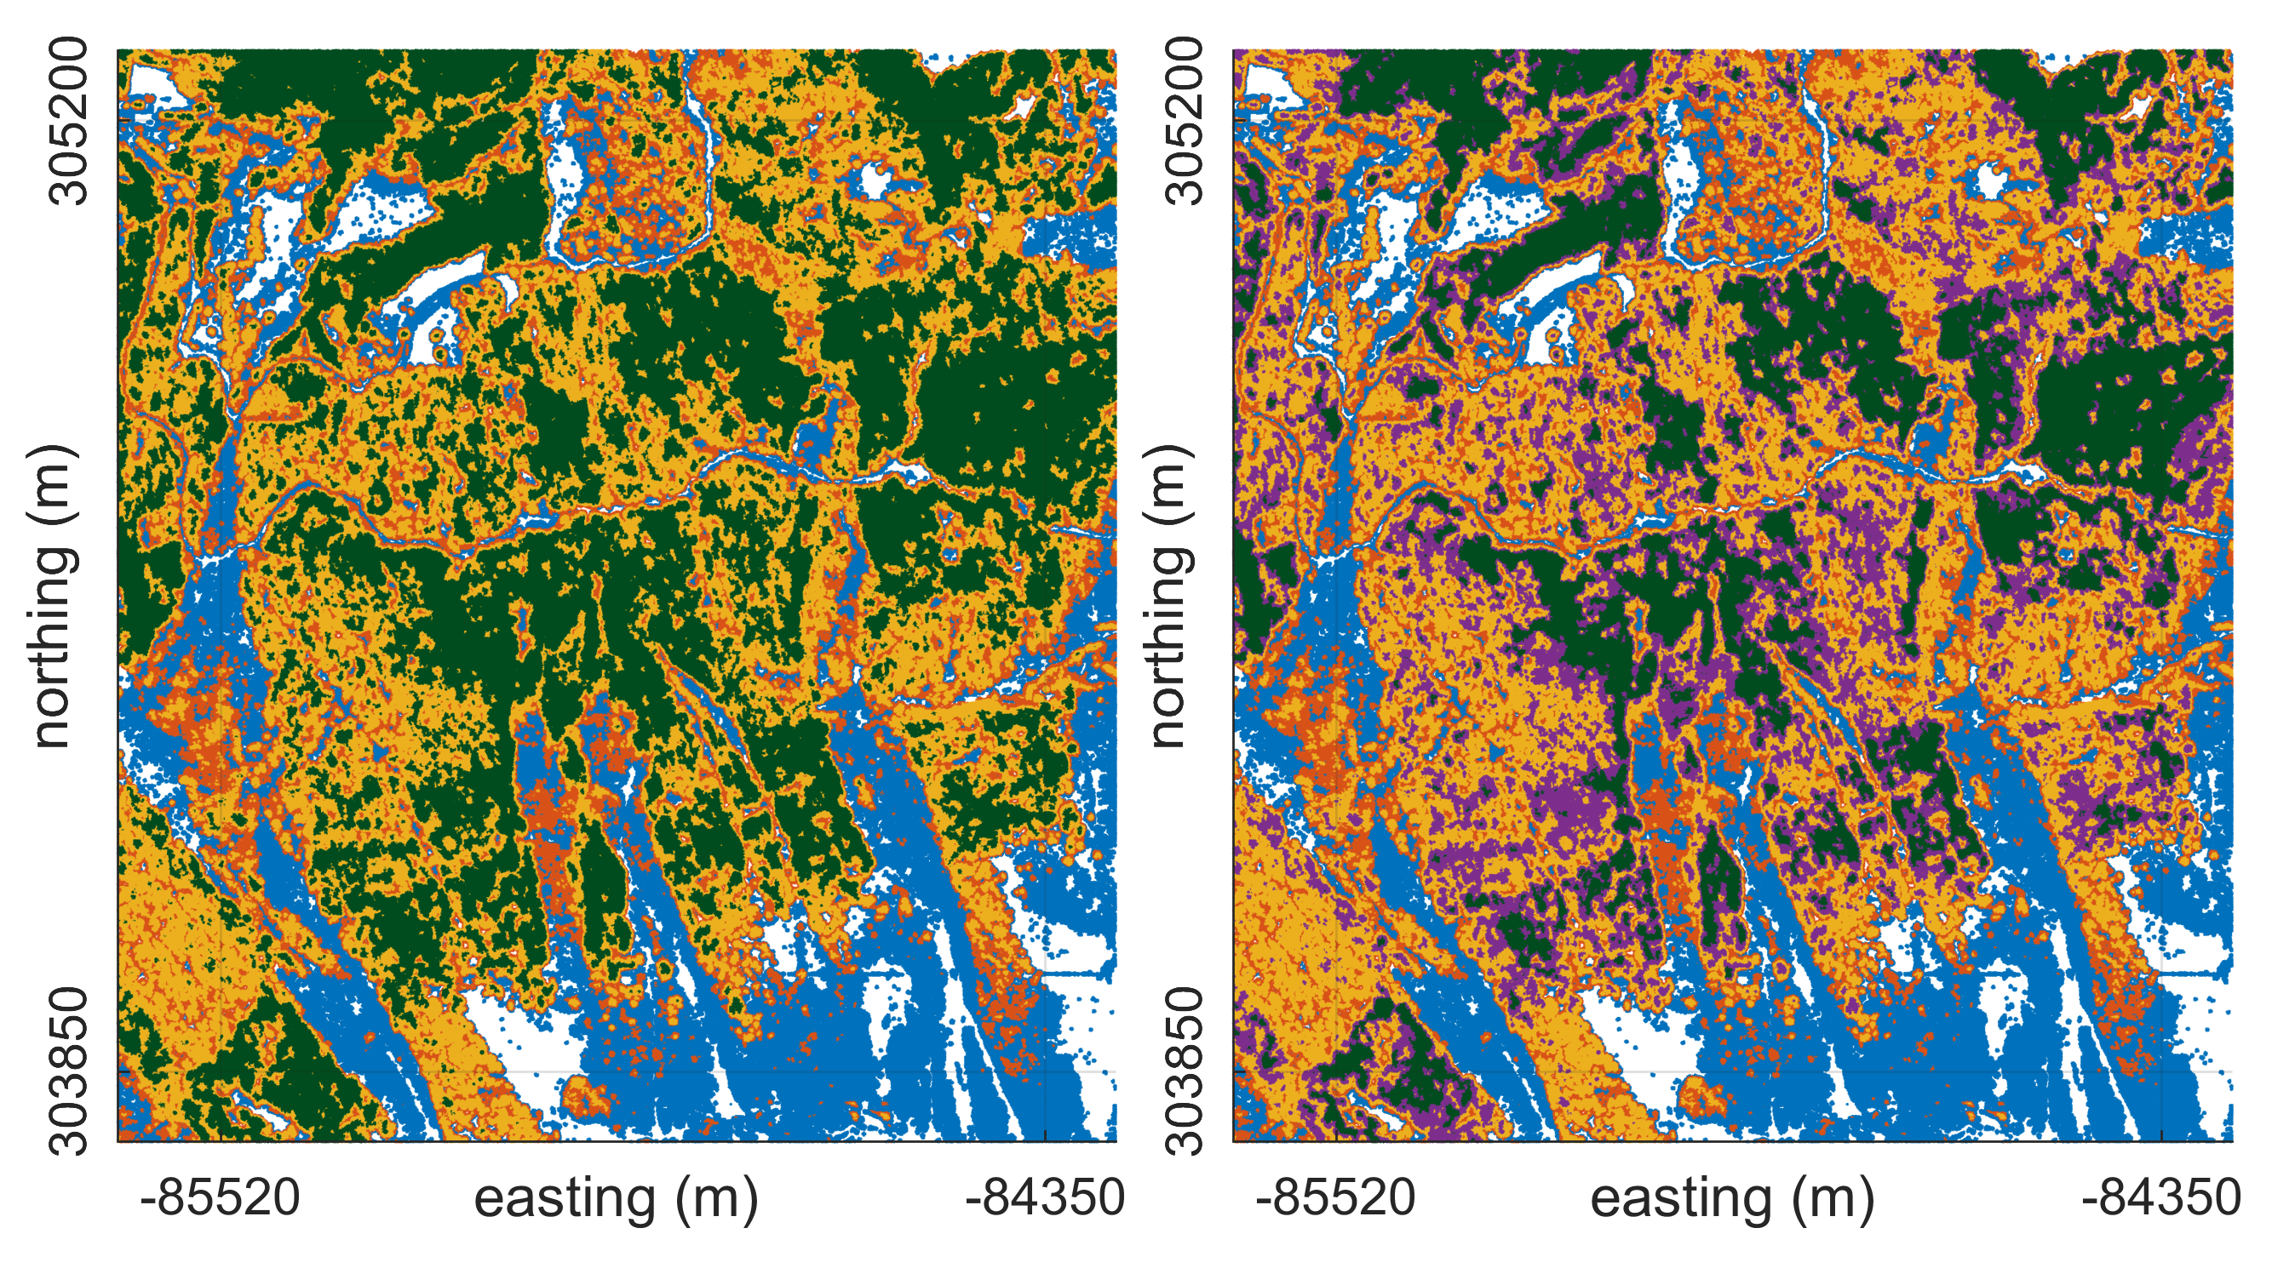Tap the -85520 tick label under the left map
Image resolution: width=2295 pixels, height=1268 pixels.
(x=220, y=1197)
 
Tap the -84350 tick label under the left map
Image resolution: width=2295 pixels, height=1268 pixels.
(x=1044, y=1197)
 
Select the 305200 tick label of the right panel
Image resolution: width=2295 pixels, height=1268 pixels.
(x=1185, y=120)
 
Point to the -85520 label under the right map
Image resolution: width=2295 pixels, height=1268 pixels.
(x=1335, y=1197)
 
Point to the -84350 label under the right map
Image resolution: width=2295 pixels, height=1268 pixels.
(x=2160, y=1197)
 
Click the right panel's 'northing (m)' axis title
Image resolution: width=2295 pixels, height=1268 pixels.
(x=1168, y=595)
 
